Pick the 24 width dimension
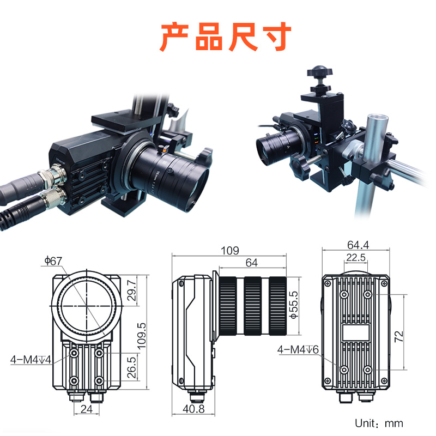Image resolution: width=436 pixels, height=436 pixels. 86,409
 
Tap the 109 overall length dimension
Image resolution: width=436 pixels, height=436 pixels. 229,251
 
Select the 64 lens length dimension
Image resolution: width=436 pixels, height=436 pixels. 251,263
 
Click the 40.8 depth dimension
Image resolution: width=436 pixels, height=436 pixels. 194,409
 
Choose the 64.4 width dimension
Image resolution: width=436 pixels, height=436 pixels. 357,245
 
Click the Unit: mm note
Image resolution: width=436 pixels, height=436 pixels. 379,423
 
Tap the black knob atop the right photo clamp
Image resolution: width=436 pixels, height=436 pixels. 317,71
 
